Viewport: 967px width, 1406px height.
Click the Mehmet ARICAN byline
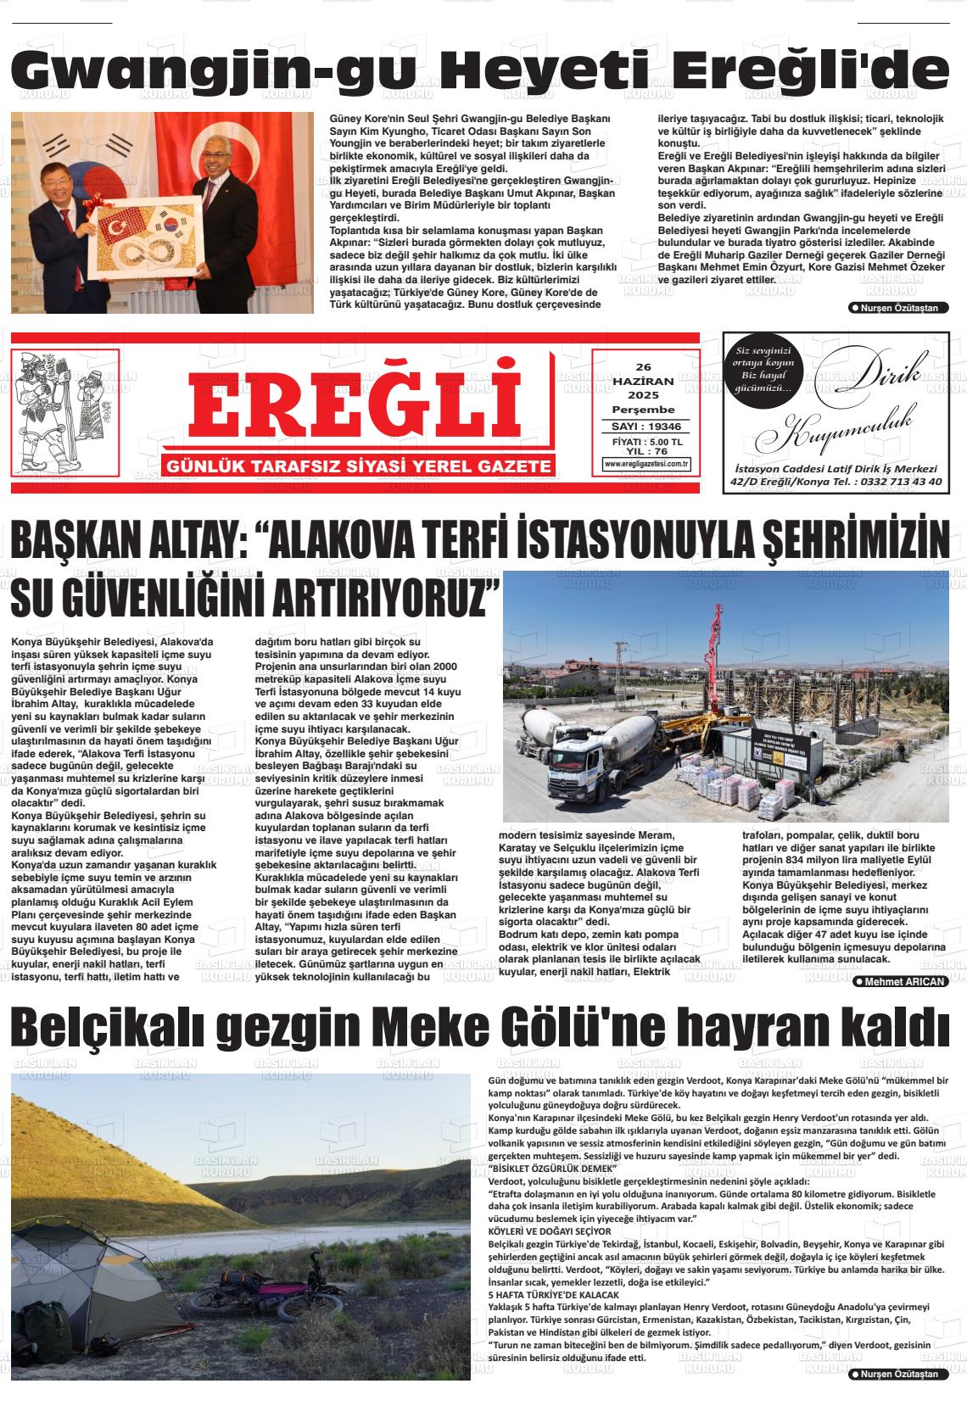click(x=901, y=981)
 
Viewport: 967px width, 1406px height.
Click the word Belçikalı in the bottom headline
click(x=105, y=1029)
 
